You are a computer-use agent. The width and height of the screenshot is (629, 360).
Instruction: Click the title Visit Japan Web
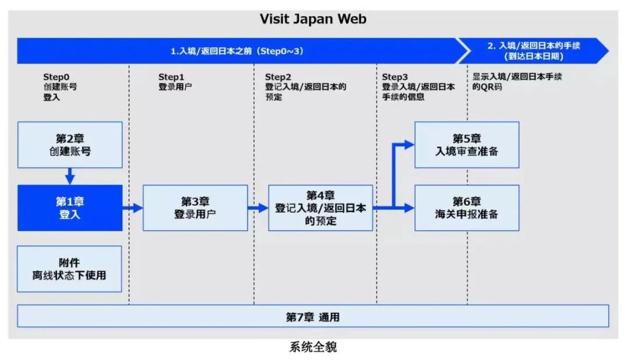[313, 19]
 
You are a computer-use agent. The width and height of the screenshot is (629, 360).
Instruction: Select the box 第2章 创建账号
[70, 144]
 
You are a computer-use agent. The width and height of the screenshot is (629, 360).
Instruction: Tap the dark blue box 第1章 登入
[70, 207]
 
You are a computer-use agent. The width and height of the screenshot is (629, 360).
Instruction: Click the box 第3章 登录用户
[195, 207]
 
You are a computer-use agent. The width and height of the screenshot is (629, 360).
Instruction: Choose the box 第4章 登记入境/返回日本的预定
[320, 207]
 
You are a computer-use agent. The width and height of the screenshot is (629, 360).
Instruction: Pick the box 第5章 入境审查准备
[467, 144]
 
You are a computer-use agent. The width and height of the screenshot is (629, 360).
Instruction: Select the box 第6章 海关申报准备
[467, 207]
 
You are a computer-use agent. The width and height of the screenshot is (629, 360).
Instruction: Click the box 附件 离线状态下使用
[69, 269]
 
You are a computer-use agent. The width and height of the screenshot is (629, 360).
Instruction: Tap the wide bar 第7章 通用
[313, 316]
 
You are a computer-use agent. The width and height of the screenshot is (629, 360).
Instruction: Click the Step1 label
[171, 77]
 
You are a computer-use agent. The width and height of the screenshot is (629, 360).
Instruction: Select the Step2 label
[278, 77]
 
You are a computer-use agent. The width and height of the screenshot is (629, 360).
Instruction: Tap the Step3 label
[394, 77]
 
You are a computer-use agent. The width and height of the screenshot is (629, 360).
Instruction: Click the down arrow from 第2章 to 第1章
[70, 176]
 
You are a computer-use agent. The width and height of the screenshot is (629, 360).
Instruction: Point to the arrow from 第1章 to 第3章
[133, 207]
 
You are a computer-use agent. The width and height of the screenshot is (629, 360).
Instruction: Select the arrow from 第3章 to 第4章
[258, 207]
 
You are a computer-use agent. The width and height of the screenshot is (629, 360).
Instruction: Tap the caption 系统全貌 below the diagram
[313, 348]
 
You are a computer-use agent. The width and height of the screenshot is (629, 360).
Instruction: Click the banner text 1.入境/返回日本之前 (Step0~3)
[237, 51]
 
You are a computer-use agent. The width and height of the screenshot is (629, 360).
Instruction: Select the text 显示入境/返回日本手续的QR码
[517, 82]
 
